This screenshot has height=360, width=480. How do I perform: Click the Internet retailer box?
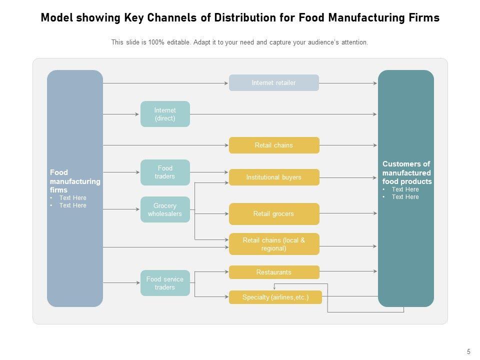pyautogui.click(x=273, y=83)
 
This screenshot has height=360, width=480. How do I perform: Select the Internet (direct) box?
pyautogui.click(x=165, y=114)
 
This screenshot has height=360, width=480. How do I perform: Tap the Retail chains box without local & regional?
pyautogui.click(x=273, y=145)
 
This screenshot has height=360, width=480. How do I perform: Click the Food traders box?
pyautogui.click(x=165, y=172)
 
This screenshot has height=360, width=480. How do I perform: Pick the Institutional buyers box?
pyautogui.click(x=273, y=177)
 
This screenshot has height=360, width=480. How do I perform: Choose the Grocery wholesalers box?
pyautogui.click(x=165, y=209)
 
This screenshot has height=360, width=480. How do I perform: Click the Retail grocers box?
pyautogui.click(x=273, y=214)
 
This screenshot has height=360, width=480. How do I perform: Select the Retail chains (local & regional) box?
pyautogui.click(x=273, y=244)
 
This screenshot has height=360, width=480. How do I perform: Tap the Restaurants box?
pyautogui.click(x=273, y=272)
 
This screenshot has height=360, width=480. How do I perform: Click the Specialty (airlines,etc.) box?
pyautogui.click(x=275, y=297)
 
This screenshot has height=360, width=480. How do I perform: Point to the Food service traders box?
pyautogui.click(x=165, y=283)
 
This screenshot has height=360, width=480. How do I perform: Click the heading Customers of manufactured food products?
pyautogui.click(x=406, y=172)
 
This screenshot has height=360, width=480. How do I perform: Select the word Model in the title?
pyautogui.click(x=56, y=18)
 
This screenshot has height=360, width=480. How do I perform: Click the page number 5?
pyautogui.click(x=468, y=351)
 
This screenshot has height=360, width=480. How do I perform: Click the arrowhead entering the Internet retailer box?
pyautogui.click(x=226, y=83)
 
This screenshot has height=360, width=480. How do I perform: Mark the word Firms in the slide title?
pyautogui.click(x=425, y=18)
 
